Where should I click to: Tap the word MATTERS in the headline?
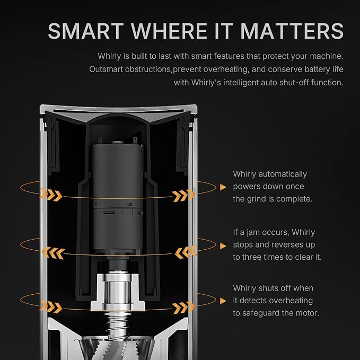292,31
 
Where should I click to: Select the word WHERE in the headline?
169,31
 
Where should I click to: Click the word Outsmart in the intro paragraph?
106,69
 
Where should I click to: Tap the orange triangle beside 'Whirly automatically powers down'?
223,187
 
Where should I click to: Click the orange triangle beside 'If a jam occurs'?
223,246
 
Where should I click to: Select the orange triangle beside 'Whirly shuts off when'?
223,301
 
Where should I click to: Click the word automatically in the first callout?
283,174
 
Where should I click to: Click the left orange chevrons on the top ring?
51,195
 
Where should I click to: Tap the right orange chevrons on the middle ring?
186,252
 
